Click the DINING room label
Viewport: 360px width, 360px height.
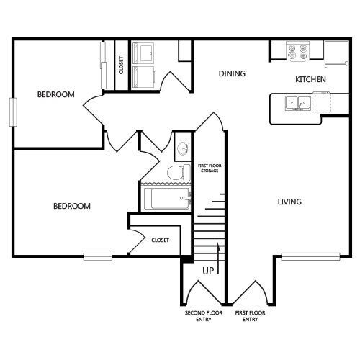pos(233,73)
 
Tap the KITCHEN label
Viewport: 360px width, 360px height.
pos(311,79)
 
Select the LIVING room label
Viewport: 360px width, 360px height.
pos(289,202)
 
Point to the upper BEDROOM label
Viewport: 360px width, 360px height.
pos(56,94)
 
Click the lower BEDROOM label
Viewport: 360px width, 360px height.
pos(72,206)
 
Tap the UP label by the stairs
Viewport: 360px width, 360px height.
pos(208,271)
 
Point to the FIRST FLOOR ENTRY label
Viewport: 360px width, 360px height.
pos(250,315)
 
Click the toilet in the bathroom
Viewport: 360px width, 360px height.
pos(175,172)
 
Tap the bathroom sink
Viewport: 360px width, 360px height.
pos(183,148)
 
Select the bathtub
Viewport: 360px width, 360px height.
pos(167,197)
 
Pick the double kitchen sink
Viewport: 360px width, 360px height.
pos(297,104)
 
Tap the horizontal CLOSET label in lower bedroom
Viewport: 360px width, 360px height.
pos(160,240)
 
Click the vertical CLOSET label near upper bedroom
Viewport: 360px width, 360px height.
pos(120,66)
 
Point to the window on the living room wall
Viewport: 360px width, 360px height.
pos(310,256)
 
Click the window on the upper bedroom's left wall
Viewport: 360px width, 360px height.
pos(12,112)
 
